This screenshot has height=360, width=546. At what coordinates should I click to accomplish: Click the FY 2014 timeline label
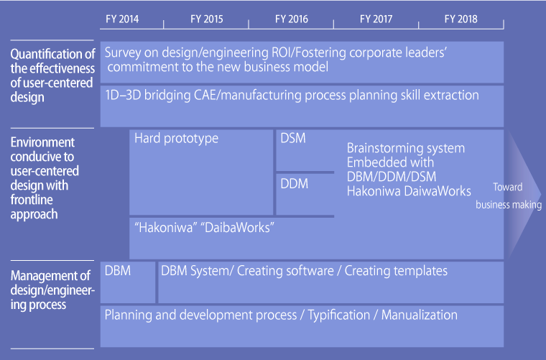(122, 19)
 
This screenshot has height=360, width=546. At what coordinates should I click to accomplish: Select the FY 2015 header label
(207, 19)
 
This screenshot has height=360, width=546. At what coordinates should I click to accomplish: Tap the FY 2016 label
(292, 19)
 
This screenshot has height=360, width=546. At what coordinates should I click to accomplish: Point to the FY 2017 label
(376, 19)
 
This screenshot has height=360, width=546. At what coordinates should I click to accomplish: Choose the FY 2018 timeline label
(461, 19)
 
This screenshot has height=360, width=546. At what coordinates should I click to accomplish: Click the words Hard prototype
(177, 139)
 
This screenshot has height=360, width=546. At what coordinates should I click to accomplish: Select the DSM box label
(293, 138)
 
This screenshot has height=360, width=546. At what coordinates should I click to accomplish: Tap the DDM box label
(295, 184)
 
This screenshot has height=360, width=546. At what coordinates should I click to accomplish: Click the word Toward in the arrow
(508, 187)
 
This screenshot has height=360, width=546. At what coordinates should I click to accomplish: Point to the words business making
(509, 205)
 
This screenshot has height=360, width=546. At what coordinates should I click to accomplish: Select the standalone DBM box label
(118, 271)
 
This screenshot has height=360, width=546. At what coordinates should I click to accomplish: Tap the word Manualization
(420, 315)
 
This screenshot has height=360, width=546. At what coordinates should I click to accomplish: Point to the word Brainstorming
(384, 149)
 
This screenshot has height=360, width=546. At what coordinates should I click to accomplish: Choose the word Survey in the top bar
(123, 53)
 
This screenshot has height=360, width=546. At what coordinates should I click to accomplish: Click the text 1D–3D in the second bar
(123, 96)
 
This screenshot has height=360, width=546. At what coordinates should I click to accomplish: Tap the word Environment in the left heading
(42, 142)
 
